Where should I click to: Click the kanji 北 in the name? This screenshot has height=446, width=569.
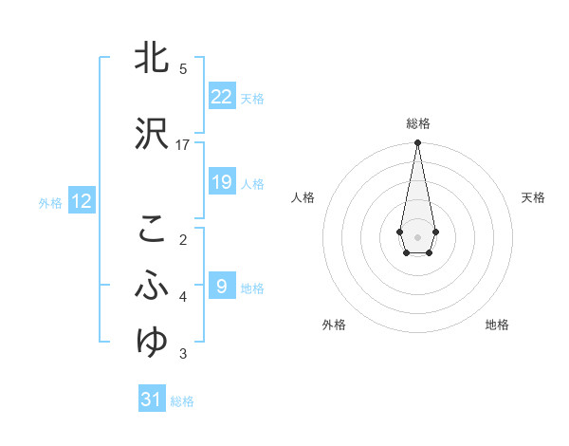click(x=153, y=59)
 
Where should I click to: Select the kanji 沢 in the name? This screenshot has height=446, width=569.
click(x=153, y=134)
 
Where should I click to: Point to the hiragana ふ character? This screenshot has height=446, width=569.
click(x=153, y=285)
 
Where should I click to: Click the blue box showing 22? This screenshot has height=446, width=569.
click(x=222, y=97)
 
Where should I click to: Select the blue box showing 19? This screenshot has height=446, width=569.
click(x=222, y=182)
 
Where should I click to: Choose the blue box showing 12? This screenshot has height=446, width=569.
click(x=81, y=201)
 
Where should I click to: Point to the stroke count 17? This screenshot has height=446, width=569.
click(x=183, y=144)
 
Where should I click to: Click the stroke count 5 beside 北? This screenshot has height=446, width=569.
click(x=183, y=69)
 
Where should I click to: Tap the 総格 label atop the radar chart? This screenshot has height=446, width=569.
click(x=417, y=123)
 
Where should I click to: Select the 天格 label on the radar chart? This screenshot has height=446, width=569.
click(x=533, y=197)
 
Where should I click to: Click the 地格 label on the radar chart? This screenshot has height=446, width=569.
click(x=497, y=325)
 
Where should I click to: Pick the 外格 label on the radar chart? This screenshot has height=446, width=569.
click(x=334, y=325)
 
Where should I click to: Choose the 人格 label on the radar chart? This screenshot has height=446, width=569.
click(x=303, y=197)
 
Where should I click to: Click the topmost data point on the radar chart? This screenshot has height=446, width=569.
click(x=417, y=143)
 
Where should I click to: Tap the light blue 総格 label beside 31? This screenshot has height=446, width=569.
click(x=182, y=401)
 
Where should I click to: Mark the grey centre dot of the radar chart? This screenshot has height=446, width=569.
click(x=417, y=235)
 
